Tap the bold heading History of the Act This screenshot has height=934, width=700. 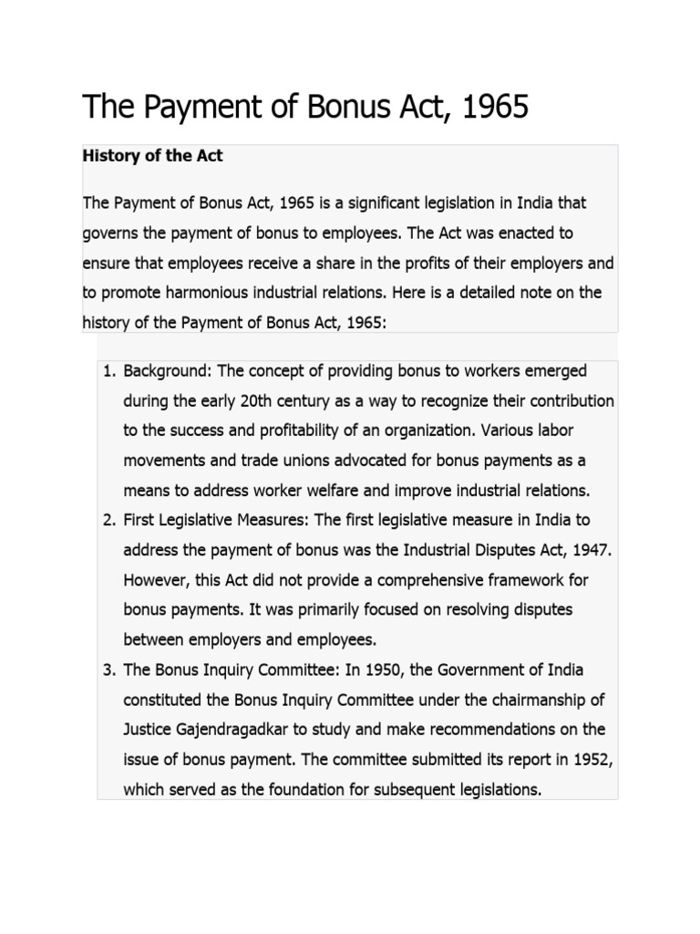152,156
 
